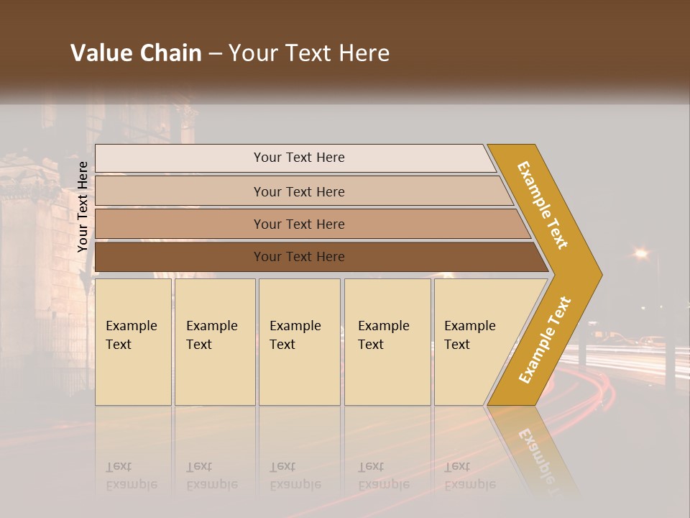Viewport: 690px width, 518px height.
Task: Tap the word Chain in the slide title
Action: pyautogui.click(x=169, y=53)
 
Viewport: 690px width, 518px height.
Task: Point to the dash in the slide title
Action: pyautogui.click(x=215, y=54)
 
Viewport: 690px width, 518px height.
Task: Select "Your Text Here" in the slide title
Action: pyautogui.click(x=309, y=53)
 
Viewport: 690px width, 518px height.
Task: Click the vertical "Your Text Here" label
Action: pyautogui.click(x=83, y=207)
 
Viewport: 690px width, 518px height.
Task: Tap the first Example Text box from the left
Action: pyautogui.click(x=133, y=342)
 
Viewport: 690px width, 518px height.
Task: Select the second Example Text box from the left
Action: pyautogui.click(x=214, y=342)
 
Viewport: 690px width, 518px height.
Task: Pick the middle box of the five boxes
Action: pyautogui.click(x=299, y=342)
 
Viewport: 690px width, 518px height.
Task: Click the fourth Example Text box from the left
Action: pyautogui.click(x=387, y=342)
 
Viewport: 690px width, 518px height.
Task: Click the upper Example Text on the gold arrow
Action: pyautogui.click(x=543, y=206)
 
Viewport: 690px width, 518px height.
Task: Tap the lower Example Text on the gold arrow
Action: pyautogui.click(x=545, y=340)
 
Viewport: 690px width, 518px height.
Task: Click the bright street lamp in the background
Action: pyautogui.click(x=640, y=253)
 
